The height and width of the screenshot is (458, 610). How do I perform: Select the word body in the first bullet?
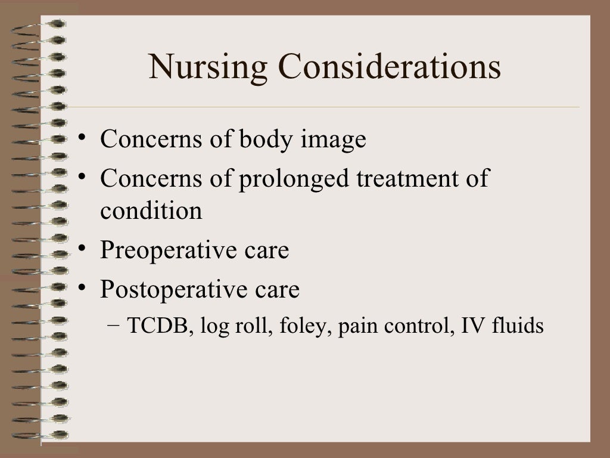262,140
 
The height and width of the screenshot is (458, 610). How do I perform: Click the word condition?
151,211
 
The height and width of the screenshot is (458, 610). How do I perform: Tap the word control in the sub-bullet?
415,327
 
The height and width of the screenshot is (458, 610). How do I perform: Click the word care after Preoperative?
266,251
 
